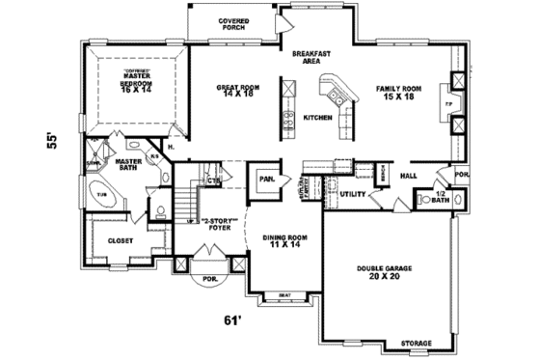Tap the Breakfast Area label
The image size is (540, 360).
click(x=305, y=57)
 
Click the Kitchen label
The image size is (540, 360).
click(x=317, y=117)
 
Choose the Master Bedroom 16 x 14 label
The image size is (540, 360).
click(x=142, y=79)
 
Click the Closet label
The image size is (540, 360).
click(x=120, y=240)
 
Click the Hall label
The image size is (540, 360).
click(x=409, y=176)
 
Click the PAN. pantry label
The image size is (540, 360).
click(x=263, y=179)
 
